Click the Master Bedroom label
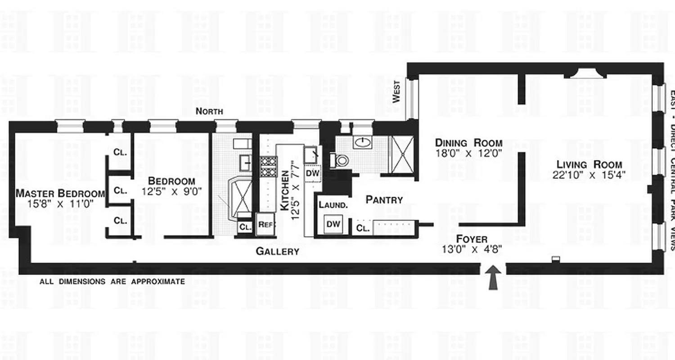pos(60,193)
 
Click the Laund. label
pos(333,205)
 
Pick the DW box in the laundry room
pos(333,224)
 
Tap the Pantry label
pos(384,199)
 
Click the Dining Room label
pos(468,143)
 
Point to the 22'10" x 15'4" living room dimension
pos(589,175)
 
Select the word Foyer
pos(472,239)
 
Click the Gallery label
pos(277,252)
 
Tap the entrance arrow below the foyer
pos(493,276)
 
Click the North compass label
pos(210,112)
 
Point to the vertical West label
pos(396,92)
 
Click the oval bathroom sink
pos(361,144)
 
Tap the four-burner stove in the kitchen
pos(269,166)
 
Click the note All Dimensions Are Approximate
pos(112,282)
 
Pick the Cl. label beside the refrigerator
pos(245,227)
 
